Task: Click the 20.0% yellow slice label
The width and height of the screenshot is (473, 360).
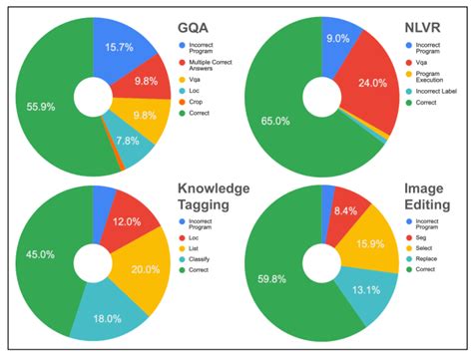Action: [145, 270]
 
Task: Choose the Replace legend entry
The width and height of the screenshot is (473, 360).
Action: [425, 267]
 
